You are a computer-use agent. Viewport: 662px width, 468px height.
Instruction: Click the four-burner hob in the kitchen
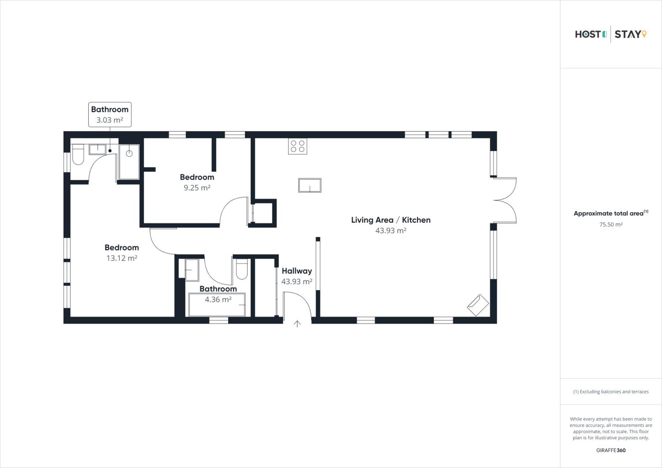pos(297,146)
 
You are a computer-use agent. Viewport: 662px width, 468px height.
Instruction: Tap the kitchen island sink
pos(310,185)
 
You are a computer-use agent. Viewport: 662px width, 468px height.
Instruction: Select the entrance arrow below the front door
pos(297,324)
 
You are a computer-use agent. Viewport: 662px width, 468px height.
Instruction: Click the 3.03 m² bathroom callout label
pos(110,115)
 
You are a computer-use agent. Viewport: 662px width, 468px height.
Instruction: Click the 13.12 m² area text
pos(122,258)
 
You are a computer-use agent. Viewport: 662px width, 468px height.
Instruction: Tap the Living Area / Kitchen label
pos(391,220)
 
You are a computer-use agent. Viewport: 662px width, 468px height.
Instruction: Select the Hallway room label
pos(297,271)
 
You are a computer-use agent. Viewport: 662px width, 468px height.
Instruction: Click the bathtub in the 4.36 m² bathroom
pos(217,304)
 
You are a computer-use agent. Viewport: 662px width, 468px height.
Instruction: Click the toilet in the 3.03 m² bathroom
pos(78,155)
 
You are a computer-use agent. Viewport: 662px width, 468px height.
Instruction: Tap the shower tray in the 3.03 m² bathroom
pos(129,162)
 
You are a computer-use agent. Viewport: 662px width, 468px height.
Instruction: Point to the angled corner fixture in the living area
pos(478,305)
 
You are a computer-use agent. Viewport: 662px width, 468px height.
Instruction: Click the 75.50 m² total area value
pos(611,224)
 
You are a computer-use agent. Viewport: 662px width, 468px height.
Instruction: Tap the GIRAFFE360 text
pos(611,450)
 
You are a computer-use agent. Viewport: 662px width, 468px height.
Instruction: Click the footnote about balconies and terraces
pos(611,392)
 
